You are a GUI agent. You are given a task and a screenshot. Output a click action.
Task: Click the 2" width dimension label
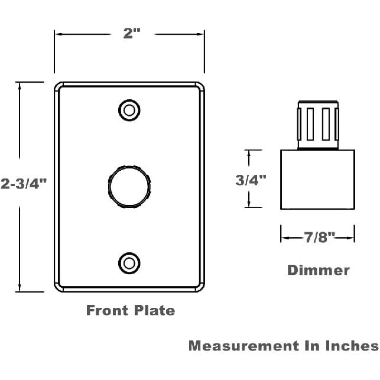pos(132,33)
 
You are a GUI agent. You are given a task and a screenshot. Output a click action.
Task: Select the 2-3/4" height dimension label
pos(24,183)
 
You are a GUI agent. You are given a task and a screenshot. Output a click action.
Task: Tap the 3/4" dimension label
pos(251,180)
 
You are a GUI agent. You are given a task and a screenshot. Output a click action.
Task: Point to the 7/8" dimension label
pos(320,237)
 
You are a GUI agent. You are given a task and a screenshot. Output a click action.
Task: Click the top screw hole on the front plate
pos(129,111)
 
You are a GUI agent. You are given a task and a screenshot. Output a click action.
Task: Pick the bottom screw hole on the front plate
pos(129,263)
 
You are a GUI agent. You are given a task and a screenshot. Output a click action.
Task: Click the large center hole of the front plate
pos(129,187)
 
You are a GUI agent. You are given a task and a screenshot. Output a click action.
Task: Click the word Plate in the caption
pos(154,310)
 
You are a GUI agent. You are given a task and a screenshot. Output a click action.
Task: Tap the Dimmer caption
pos(319,270)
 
